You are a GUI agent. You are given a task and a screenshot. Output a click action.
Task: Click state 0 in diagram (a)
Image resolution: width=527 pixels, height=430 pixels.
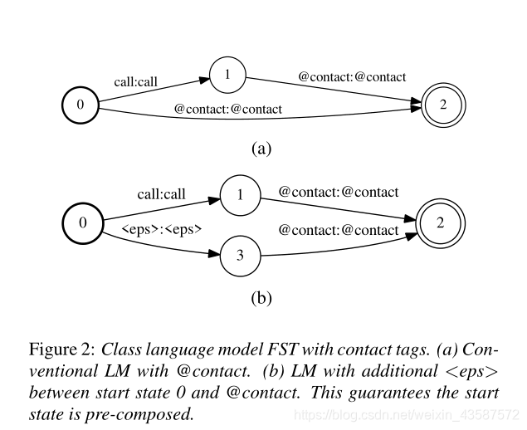tap(80, 105)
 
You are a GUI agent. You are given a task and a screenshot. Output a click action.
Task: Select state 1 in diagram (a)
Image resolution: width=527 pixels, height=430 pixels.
tap(226, 75)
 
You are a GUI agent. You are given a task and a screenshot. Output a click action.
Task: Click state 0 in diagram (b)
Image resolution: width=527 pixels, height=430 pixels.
tap(82, 222)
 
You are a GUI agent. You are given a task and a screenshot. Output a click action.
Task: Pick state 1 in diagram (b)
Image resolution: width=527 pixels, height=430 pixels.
tap(240, 196)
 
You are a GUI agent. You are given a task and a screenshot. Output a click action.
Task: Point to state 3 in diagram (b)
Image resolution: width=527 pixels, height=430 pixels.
tap(240, 256)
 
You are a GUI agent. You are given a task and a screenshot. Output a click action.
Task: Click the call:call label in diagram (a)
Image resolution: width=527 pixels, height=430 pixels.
tap(136, 81)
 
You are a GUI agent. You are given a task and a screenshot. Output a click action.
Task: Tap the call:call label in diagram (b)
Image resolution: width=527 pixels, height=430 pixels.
tap(162, 193)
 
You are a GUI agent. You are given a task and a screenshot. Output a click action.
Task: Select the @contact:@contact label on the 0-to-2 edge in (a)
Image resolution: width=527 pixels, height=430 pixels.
tap(228, 109)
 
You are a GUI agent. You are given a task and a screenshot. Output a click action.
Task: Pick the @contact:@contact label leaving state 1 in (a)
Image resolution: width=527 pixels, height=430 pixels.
tap(352, 77)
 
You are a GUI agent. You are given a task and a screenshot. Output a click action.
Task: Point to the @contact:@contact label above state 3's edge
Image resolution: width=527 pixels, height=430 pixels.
tap(339, 229)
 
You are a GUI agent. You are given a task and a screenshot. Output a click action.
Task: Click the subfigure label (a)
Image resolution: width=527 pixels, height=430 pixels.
tap(261, 149)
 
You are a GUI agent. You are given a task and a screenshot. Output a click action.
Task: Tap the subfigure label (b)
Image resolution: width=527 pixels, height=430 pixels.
tap(261, 296)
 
